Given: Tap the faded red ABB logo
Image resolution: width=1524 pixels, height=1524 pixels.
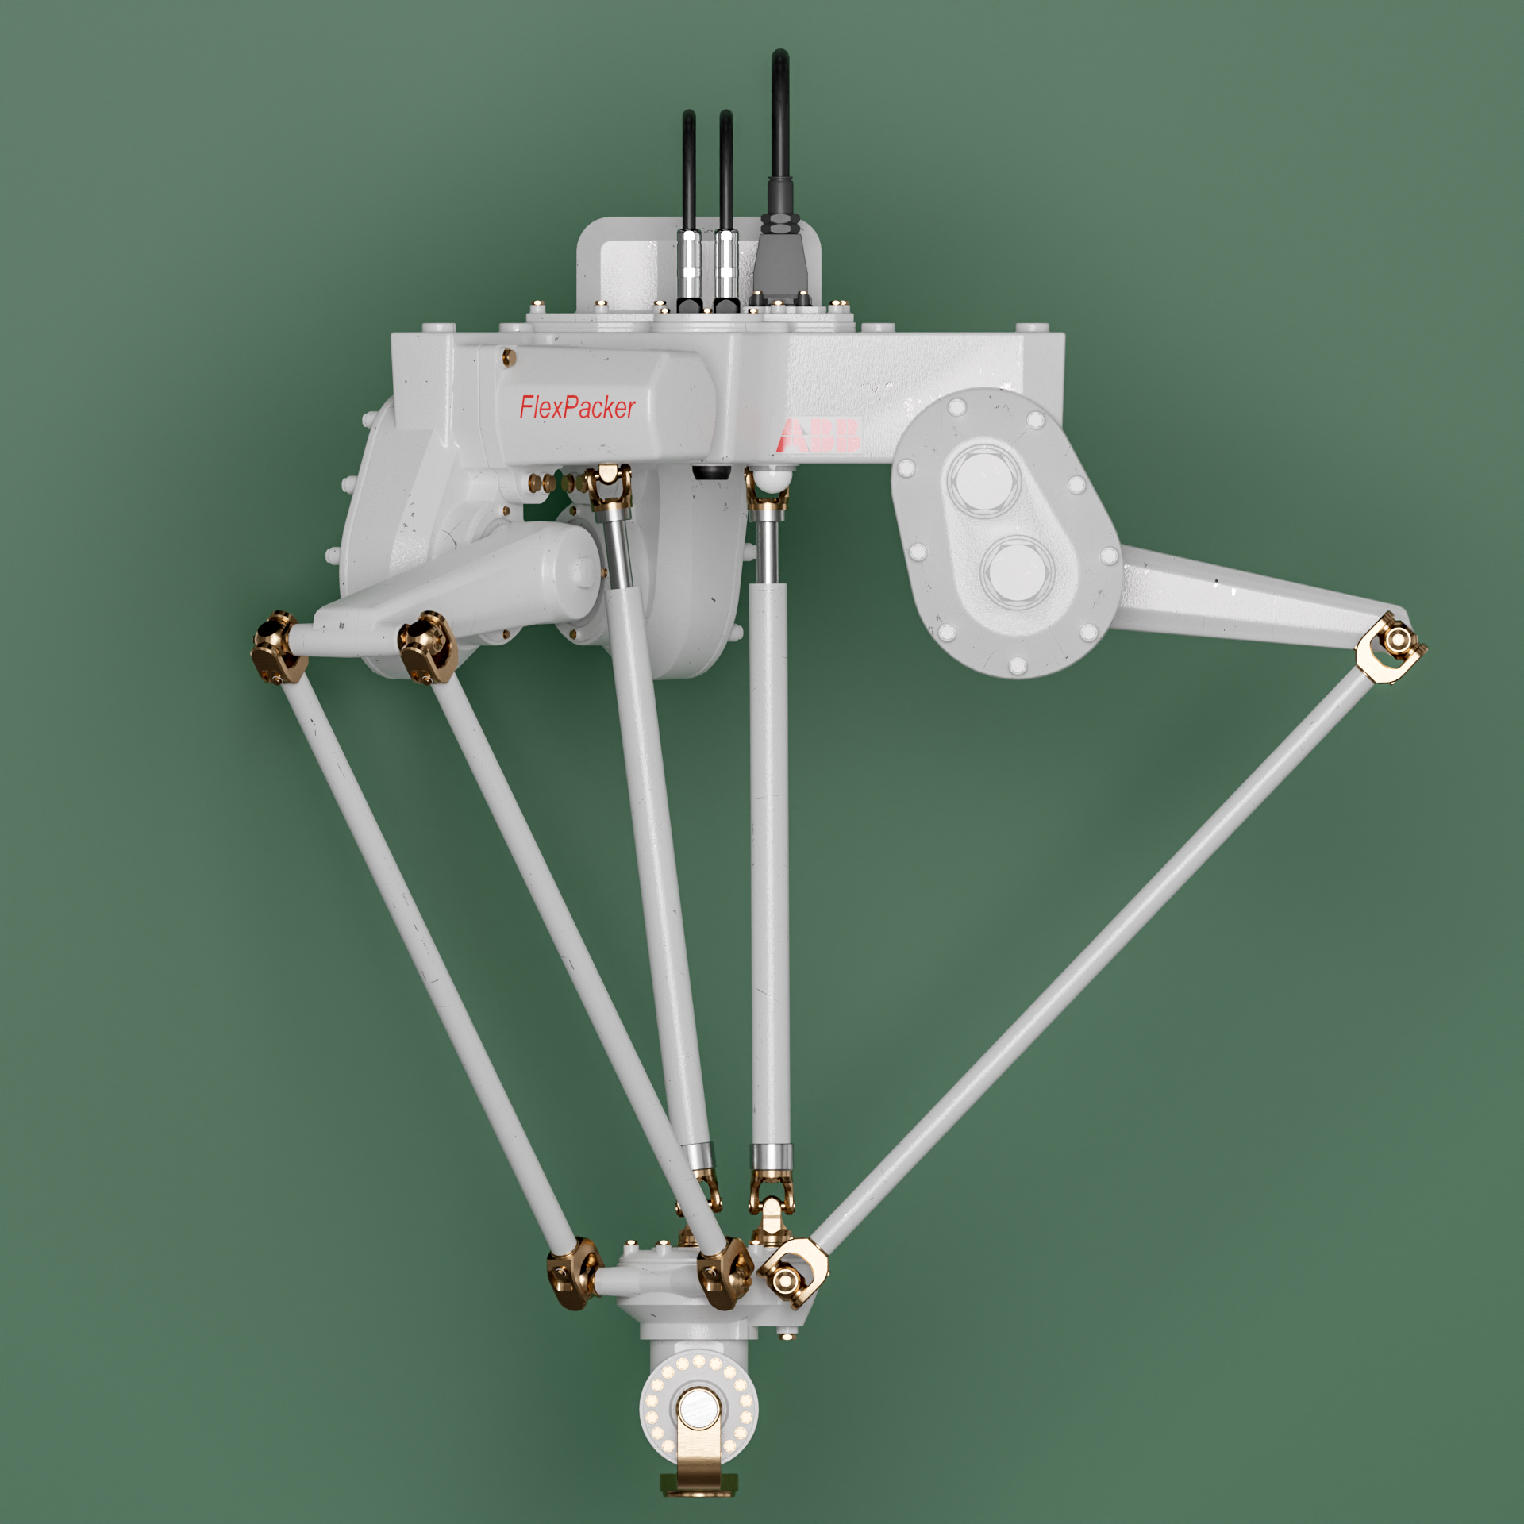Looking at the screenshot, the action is click(820, 436).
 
